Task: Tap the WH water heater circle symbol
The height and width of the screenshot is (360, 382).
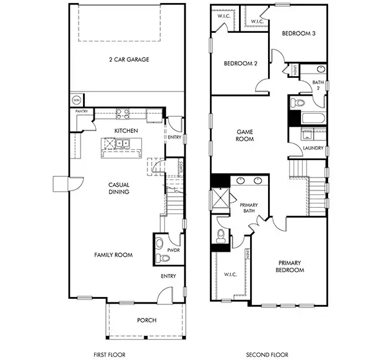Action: pos(77,100)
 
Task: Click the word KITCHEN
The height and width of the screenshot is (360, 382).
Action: pos(126,131)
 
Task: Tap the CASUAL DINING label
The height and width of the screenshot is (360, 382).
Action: pos(118,188)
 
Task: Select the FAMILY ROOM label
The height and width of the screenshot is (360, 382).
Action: pos(113,254)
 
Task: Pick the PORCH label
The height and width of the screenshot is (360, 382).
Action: pos(147,320)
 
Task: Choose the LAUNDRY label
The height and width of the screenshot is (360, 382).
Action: pos(313,148)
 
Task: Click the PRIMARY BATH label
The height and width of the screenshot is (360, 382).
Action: pos(249,208)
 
